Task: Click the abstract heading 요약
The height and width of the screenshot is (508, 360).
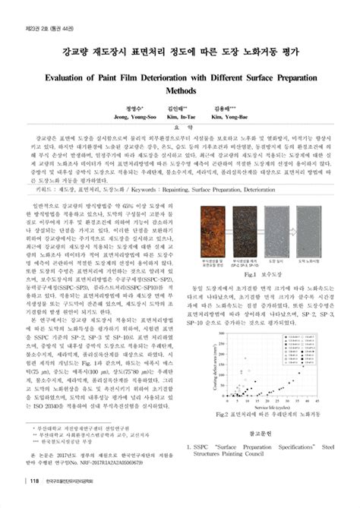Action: click(179, 128)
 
